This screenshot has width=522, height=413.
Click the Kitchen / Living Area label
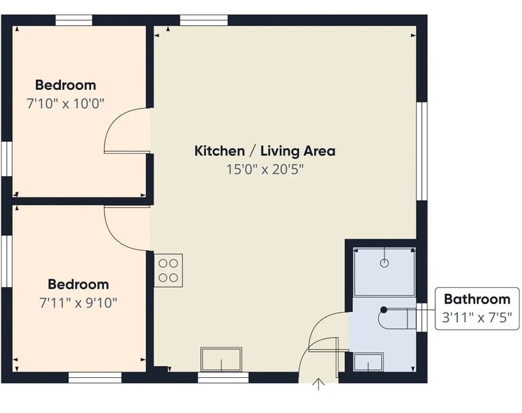click(x=265, y=151)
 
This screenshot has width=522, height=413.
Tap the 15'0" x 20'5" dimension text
click(x=265, y=169)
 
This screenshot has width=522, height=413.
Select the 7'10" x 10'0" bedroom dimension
click(x=65, y=103)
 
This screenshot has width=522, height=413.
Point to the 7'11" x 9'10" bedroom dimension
click(x=79, y=303)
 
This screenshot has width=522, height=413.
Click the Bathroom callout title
click(x=477, y=299)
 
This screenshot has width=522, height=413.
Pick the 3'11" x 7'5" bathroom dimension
click(x=476, y=317)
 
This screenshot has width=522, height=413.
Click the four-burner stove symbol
click(x=168, y=270)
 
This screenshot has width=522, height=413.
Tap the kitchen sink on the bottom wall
click(x=222, y=359)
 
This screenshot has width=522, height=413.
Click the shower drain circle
click(x=384, y=263)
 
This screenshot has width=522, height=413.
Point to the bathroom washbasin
click(x=368, y=362)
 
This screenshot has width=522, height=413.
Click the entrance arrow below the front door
click(x=319, y=384)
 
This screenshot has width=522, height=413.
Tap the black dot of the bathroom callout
click(x=384, y=310)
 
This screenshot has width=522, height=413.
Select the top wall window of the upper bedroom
click(x=74, y=20)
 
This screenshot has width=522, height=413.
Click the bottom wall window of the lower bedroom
click(x=95, y=378)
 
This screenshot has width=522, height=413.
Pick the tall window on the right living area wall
click(x=422, y=151)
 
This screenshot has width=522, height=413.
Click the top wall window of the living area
click(x=204, y=20)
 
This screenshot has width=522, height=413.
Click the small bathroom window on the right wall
click(x=422, y=317)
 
